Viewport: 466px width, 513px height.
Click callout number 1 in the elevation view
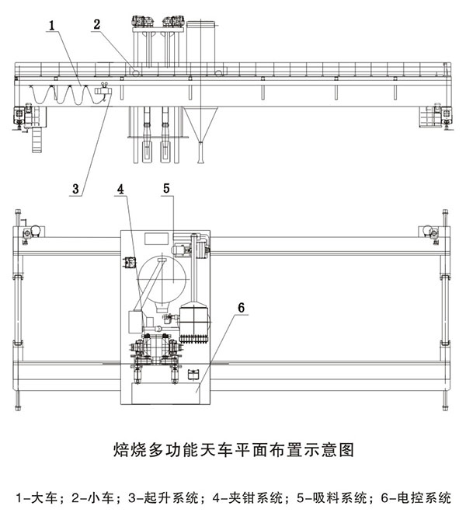(50, 26)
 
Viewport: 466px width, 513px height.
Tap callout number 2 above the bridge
(96, 24)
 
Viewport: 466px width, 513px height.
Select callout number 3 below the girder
(76, 187)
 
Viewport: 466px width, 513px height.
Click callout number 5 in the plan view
(167, 187)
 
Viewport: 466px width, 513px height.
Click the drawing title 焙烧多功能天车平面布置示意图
(233, 448)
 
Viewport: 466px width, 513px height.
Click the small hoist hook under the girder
(102, 93)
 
